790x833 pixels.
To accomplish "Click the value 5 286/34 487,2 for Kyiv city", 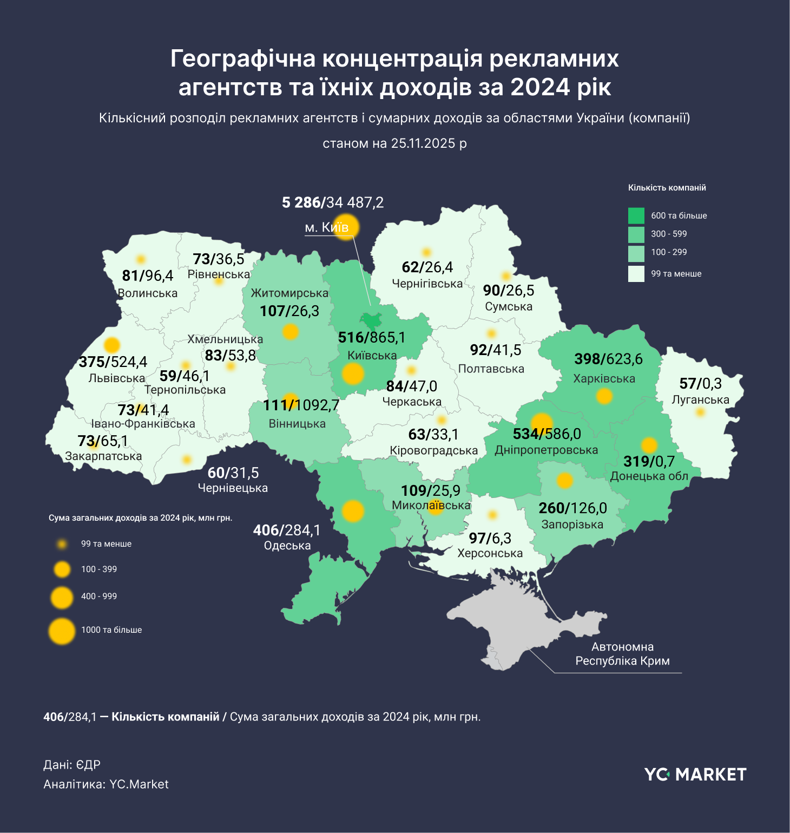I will point(333,202).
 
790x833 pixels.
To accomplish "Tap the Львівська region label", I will point(117,378).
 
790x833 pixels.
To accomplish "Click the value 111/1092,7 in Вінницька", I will point(301,405).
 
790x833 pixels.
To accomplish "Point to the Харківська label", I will point(604,378).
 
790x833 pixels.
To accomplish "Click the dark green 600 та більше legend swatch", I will point(636,215).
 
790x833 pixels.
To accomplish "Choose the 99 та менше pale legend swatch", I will point(636,274).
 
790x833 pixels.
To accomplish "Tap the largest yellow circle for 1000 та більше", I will point(62,631).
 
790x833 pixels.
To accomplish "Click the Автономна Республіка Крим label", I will point(622,654).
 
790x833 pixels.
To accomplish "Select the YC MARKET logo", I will point(695,775).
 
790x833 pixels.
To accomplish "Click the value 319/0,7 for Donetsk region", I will point(649,462).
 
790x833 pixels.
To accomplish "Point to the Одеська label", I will point(287,546).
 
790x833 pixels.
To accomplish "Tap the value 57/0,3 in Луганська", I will point(700,384).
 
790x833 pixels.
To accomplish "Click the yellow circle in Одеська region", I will point(353,511).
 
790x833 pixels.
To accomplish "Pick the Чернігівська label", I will point(427,284).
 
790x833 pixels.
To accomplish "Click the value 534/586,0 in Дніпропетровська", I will point(547,434).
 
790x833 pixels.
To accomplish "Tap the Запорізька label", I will point(572,524).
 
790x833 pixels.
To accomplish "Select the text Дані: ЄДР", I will point(72,765).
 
